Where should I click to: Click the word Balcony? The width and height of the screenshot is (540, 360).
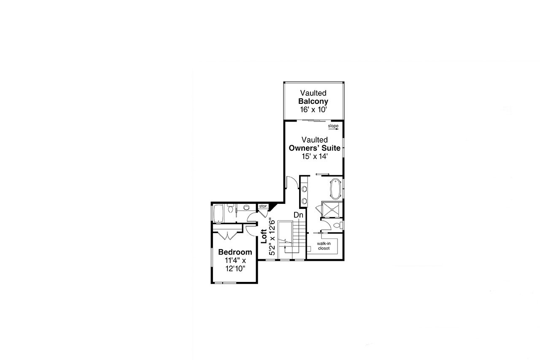[313, 102]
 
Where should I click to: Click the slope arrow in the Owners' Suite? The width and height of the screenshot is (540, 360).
[333, 129]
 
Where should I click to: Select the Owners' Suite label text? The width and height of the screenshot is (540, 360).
[314, 148]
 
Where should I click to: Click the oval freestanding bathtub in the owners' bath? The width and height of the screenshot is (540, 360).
[335, 189]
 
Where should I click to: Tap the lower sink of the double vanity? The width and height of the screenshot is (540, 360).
[304, 200]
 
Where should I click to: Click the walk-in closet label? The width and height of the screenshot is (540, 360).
[324, 246]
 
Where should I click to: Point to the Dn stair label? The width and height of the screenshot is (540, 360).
[299, 215]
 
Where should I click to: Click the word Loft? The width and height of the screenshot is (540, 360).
[264, 237]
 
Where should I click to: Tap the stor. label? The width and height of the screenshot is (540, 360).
[262, 206]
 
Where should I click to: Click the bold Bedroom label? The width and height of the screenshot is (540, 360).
[235, 252]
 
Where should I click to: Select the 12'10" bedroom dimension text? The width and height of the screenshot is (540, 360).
[235, 268]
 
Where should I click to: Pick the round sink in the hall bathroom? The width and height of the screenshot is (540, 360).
[246, 207]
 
